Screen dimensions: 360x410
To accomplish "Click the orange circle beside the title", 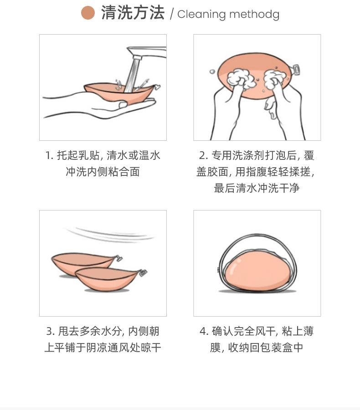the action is (x=87, y=13).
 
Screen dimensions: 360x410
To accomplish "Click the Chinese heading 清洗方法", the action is (x=133, y=13).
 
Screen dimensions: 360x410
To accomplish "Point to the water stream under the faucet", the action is (x=133, y=75).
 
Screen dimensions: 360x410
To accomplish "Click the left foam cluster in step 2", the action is (x=240, y=78).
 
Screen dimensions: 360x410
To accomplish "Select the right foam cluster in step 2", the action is (x=275, y=78).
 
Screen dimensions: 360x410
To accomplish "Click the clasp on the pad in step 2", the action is (x=296, y=69).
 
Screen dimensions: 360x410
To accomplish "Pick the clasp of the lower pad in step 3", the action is (x=143, y=272).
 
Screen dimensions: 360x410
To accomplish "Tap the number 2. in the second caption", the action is (x=203, y=156).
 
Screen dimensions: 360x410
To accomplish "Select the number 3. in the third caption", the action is (x=51, y=331).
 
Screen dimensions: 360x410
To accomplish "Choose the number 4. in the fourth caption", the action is (x=204, y=331).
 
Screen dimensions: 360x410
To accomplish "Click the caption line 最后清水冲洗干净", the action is (x=257, y=188).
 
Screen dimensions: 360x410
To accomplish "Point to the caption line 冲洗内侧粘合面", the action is (x=103, y=172).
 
